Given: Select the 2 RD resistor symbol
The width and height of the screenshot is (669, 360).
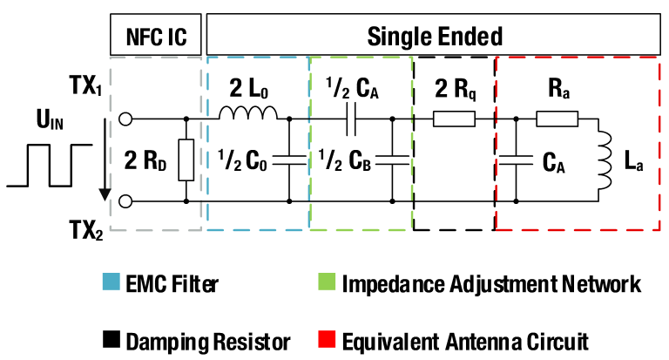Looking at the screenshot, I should [186, 160].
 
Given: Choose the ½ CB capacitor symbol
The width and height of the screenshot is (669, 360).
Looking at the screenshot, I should [393, 160].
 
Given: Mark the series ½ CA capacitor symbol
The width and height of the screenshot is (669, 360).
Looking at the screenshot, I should [350, 118].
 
